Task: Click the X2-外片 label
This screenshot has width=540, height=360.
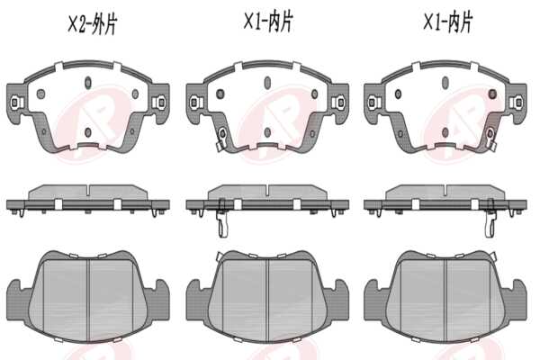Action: [93, 24]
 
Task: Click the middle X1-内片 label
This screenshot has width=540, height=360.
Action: [268, 22]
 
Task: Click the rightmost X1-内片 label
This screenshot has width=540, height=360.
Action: [447, 22]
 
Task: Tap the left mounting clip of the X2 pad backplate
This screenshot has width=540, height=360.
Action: [15, 103]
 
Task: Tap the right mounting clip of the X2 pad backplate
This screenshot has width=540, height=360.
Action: [160, 102]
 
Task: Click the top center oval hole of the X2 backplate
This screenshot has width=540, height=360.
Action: [88, 82]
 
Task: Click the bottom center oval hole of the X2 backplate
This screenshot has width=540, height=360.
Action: [88, 132]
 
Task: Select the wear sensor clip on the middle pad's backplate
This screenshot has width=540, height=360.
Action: [221, 138]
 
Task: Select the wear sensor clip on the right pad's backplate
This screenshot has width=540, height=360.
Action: [490, 138]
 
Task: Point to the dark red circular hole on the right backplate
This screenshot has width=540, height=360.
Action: [493, 94]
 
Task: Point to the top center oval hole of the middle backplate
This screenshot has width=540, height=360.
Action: [267, 82]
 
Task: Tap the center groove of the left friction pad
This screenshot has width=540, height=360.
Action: [89, 299]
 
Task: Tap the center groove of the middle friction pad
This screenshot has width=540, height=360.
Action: [268, 299]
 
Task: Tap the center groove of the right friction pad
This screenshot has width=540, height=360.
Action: [446, 299]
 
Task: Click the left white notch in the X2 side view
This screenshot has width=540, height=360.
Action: [58, 204]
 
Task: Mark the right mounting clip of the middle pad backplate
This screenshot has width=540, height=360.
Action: [339, 103]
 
